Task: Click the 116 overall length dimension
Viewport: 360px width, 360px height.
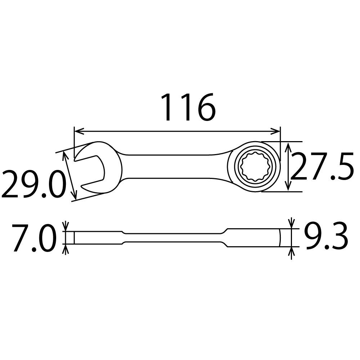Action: [188, 107]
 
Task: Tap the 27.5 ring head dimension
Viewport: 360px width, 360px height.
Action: [322, 166]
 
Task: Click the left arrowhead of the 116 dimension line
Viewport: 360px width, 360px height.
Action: [79, 131]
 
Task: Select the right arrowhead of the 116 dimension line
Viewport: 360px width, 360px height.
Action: [275, 131]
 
